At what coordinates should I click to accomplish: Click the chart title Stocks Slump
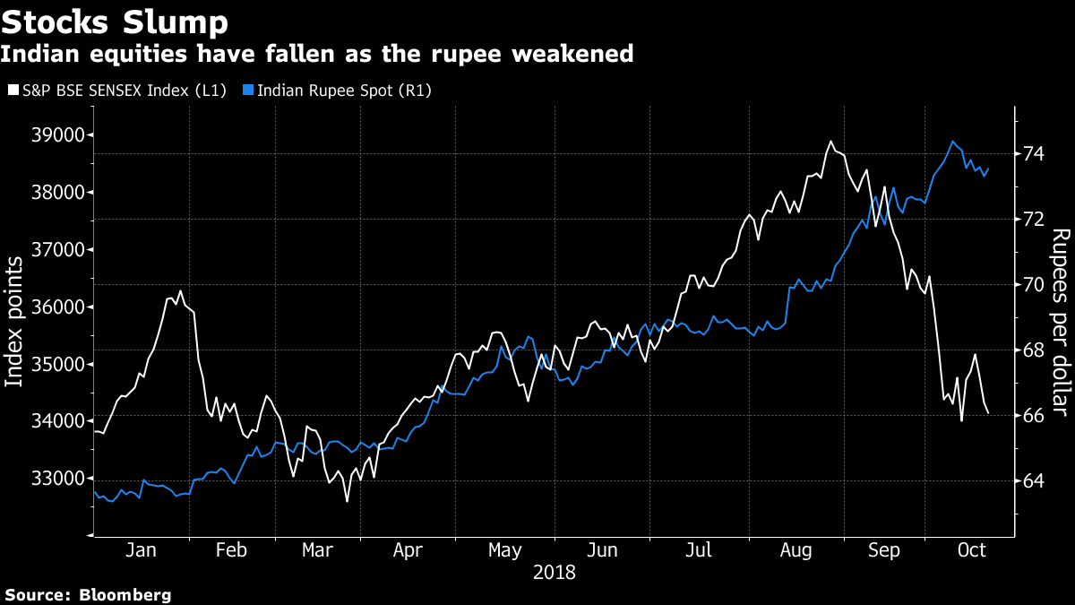(x=114, y=21)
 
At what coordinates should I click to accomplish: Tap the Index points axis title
(x=14, y=321)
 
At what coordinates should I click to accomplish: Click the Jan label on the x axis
(x=142, y=550)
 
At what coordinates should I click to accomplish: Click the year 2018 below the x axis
(x=554, y=572)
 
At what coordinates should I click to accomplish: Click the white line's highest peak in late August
(x=830, y=142)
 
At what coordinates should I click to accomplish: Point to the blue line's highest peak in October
(x=952, y=142)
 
